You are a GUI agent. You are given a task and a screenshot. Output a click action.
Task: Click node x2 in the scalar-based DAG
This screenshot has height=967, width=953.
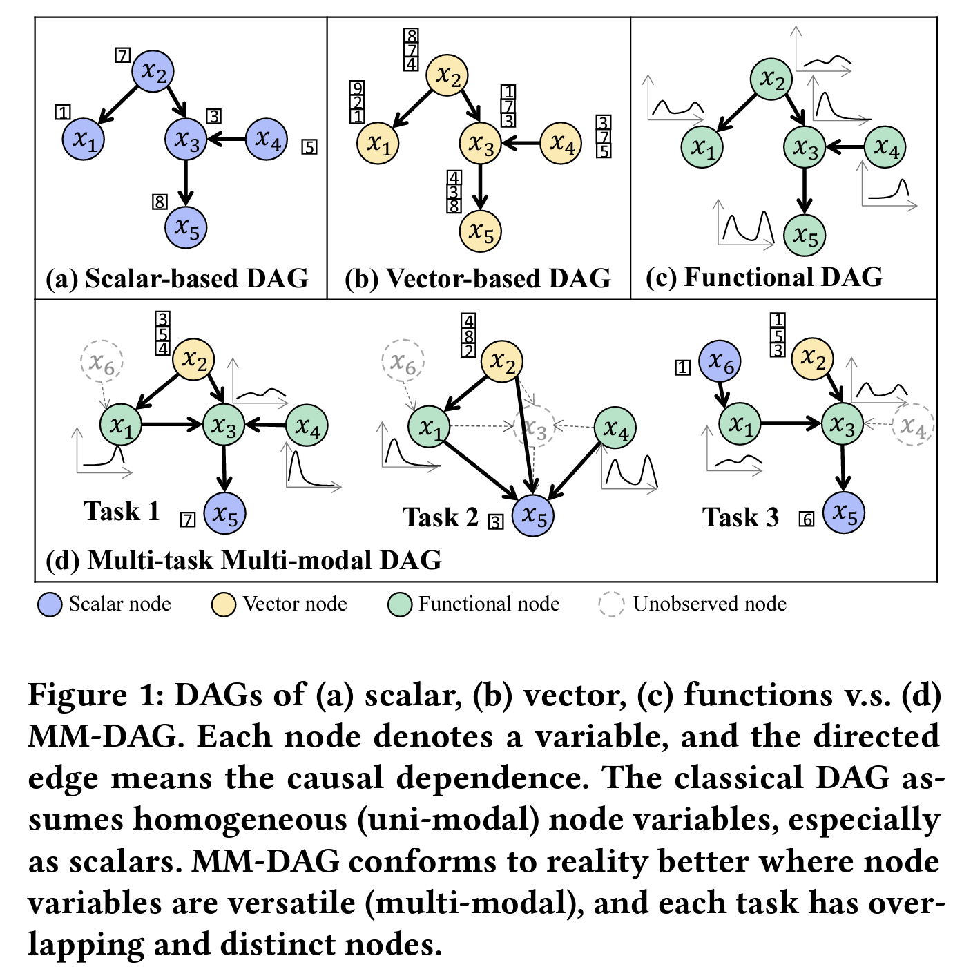pyautogui.click(x=153, y=71)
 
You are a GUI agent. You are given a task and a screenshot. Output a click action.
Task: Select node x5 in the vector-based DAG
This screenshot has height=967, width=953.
pyautogui.click(x=481, y=231)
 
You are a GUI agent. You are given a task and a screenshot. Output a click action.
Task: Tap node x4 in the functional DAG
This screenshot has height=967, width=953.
pyautogui.click(x=886, y=146)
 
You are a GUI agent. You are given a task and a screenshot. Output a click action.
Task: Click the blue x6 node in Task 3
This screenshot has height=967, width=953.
pyautogui.click(x=720, y=361)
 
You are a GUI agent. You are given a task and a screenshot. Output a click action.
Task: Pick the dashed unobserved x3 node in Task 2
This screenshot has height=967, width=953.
pyautogui.click(x=535, y=428)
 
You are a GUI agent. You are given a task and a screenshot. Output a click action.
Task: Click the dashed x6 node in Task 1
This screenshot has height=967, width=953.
pyautogui.click(x=102, y=361)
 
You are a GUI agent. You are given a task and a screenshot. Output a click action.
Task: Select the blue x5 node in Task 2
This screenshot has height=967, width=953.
pyautogui.click(x=533, y=515)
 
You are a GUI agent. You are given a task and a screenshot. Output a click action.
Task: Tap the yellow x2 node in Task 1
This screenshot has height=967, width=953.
pyautogui.click(x=193, y=360)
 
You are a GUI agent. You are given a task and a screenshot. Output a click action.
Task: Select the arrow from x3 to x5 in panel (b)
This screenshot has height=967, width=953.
pyautogui.click(x=481, y=186)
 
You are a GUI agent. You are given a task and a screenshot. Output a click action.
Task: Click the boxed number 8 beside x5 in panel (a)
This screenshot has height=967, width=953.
pyautogui.click(x=160, y=202)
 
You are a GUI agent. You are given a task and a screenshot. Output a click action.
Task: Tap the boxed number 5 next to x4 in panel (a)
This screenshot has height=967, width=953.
pyautogui.click(x=309, y=147)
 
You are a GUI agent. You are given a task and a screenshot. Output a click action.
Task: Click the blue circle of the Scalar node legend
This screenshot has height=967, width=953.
pyautogui.click(x=50, y=604)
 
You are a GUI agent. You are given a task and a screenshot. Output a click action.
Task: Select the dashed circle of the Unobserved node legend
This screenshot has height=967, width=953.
pyautogui.click(x=612, y=604)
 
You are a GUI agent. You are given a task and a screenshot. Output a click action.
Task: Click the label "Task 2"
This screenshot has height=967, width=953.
pyautogui.click(x=440, y=517)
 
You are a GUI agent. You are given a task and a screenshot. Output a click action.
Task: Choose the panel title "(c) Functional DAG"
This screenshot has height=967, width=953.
pyautogui.click(x=764, y=278)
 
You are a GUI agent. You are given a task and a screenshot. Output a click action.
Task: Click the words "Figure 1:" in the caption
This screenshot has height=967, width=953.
pyautogui.click(x=96, y=695)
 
